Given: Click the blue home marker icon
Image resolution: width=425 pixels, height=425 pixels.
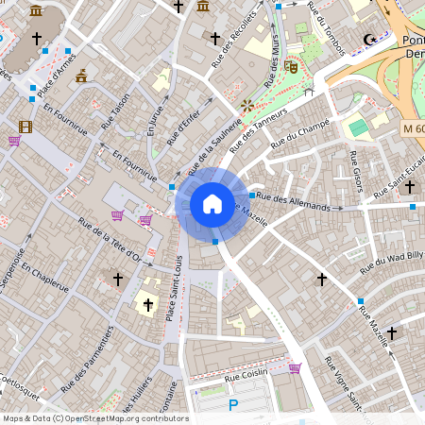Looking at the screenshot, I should [212, 203].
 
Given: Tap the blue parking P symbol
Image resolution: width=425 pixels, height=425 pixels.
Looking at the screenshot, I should [233, 405].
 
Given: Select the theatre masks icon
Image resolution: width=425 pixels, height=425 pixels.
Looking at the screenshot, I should [292, 67].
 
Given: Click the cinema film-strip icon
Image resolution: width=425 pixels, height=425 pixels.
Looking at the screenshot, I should [25, 127].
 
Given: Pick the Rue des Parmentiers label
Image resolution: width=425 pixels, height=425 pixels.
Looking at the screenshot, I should [87, 358].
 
